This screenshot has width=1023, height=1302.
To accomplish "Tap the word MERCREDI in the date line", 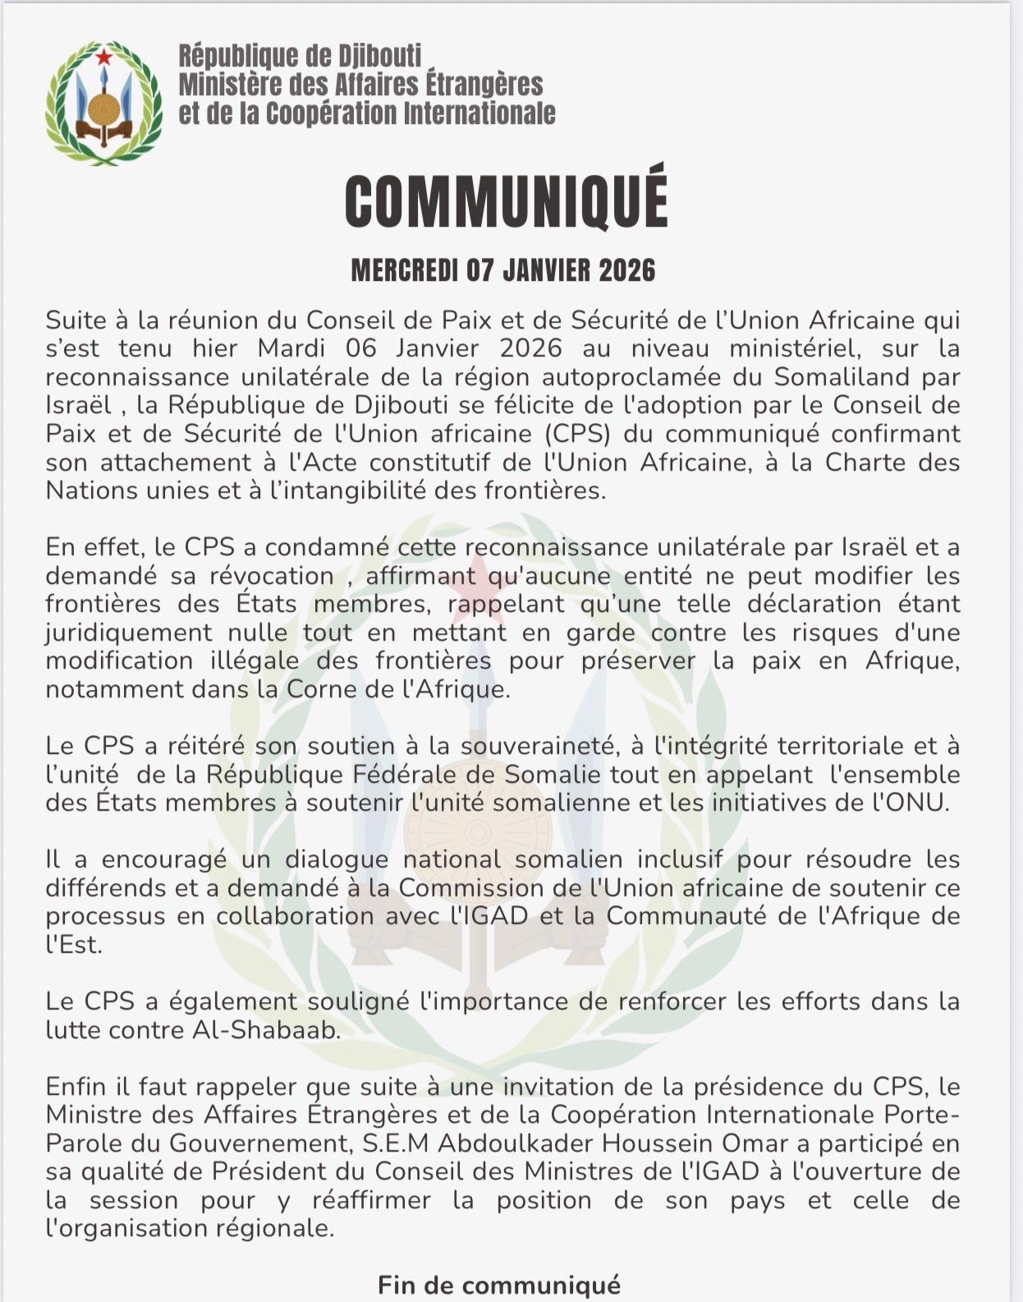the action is coord(403,270).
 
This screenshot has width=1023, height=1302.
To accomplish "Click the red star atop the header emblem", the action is coord(103,58).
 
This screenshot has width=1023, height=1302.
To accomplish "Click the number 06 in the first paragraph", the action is coord(361,348).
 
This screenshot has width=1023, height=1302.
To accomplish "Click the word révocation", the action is coord(272,576).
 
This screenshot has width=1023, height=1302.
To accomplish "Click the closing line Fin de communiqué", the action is coord(499,1285).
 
